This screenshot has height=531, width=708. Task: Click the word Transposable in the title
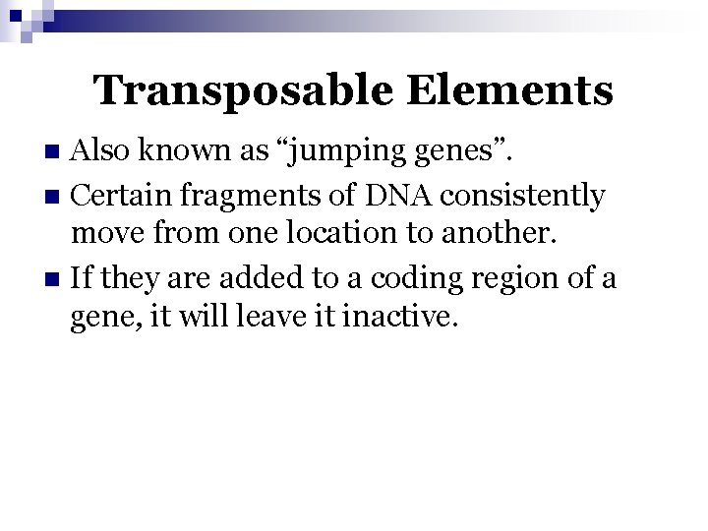(242, 91)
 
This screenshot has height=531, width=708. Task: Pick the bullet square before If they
(58, 280)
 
